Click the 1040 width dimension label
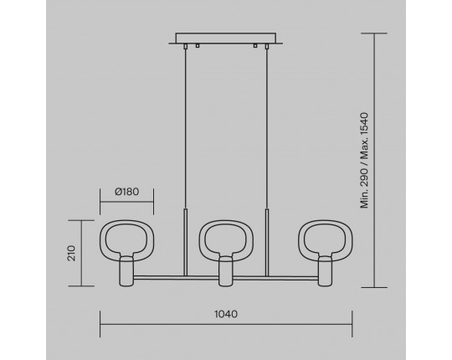click(226, 314)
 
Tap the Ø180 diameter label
click(127, 192)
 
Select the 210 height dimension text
click(71, 254)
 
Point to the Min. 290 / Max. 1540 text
click(364, 160)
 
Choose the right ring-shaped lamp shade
click(299, 241)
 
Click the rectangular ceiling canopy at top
click(226, 39)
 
